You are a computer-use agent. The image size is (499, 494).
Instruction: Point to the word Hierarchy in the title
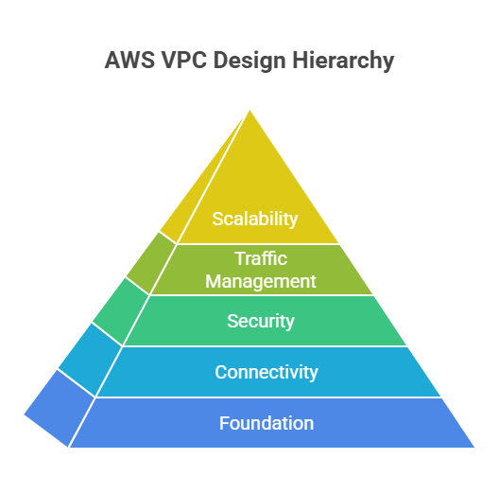click(x=343, y=61)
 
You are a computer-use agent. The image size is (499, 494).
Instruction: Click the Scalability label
click(x=255, y=220)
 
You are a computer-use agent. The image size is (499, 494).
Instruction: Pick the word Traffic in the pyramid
click(x=261, y=258)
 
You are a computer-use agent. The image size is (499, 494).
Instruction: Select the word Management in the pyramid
click(x=261, y=281)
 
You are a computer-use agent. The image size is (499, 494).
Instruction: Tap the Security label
click(x=261, y=321)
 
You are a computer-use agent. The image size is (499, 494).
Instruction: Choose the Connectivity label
click(x=267, y=372)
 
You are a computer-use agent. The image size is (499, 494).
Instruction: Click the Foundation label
click(x=267, y=423)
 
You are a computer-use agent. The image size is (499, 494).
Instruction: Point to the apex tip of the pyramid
click(x=249, y=111)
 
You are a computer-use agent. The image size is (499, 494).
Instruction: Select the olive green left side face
click(x=151, y=263)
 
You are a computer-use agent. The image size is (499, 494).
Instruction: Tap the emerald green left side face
click(x=121, y=310)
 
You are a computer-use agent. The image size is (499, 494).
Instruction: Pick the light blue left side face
click(x=91, y=360)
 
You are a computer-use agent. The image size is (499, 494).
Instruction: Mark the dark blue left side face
click(x=60, y=409)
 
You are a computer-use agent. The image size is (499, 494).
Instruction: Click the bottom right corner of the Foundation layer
click(x=474, y=447)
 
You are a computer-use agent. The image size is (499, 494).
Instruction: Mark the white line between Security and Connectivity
click(x=265, y=346)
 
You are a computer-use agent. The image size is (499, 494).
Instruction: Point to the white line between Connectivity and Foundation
click(x=268, y=397)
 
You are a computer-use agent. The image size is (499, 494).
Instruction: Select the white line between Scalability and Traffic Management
click(x=257, y=244)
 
